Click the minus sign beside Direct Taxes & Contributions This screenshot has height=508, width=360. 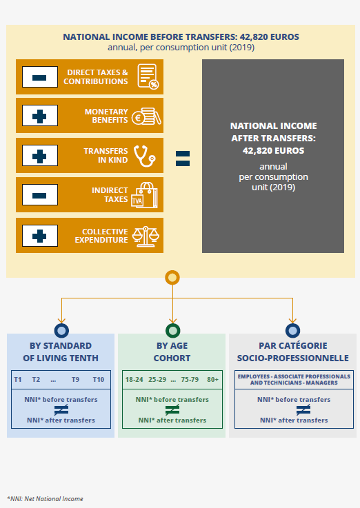[39, 77]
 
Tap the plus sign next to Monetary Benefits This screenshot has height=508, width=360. [39, 116]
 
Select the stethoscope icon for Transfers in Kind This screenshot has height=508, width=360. [145, 156]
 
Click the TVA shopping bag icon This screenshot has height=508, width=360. [145, 194]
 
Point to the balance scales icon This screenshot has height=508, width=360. [146, 236]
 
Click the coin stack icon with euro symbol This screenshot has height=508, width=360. [146, 116]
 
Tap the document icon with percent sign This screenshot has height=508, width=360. [148, 77]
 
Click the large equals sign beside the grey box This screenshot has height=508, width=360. [183, 159]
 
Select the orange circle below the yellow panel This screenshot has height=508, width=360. [172, 278]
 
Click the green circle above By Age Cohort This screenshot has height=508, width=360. [172, 330]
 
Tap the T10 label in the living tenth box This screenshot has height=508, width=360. [99, 379]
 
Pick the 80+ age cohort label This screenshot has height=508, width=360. [213, 379]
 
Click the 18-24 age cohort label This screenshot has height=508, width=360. [134, 379]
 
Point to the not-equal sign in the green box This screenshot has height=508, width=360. [172, 410]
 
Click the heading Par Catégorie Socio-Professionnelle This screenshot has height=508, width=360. [293, 352]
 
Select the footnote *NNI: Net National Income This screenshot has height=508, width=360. [45, 498]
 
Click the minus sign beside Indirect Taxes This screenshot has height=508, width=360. [39, 195]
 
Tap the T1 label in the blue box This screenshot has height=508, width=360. [18, 379]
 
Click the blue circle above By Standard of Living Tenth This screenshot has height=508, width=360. [61, 330]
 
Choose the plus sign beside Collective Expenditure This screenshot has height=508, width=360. [39, 236]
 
